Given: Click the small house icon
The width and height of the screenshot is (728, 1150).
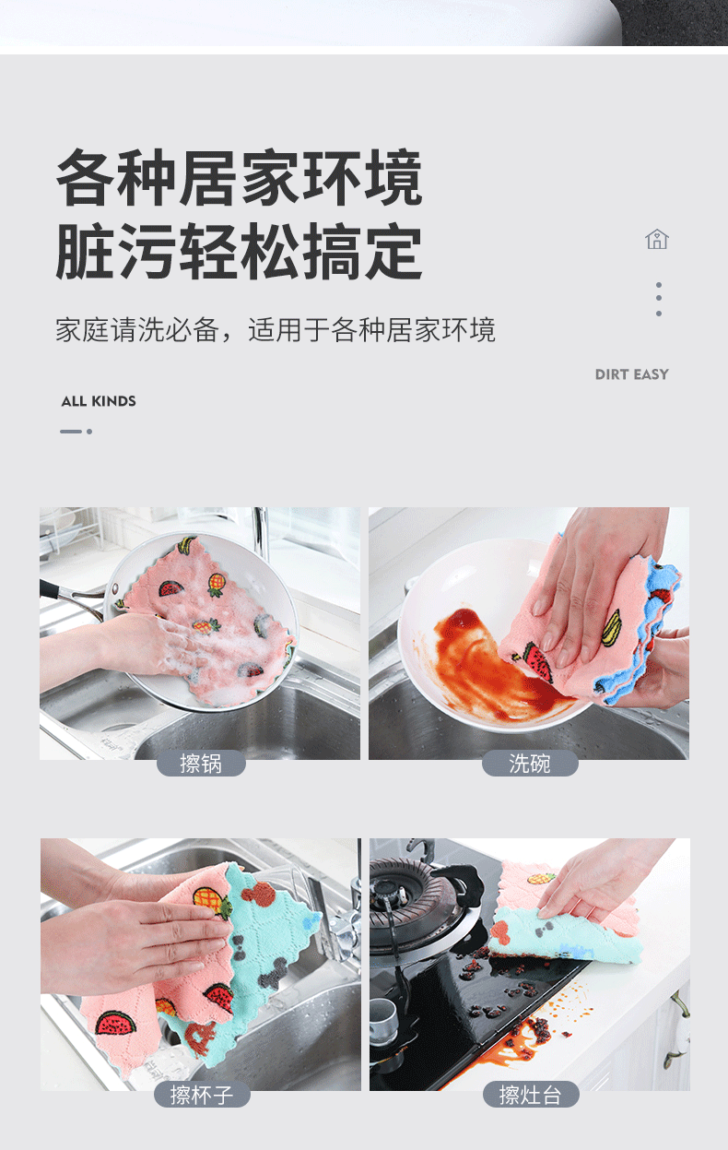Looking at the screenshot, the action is (657, 239).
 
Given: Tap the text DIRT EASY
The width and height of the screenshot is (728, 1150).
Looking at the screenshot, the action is (631, 374).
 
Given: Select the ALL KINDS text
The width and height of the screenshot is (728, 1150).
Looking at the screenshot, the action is (99, 401).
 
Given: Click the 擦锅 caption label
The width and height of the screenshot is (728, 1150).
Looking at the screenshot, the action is (201, 764).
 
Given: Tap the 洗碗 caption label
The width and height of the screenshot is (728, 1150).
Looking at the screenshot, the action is (530, 764).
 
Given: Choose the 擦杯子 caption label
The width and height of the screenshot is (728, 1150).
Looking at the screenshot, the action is (202, 1095).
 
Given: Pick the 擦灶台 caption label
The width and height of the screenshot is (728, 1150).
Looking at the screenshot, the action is (531, 1095).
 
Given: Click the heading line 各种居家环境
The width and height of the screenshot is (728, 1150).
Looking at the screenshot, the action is (239, 178).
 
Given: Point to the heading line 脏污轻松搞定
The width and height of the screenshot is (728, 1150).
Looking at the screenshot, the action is (239, 252).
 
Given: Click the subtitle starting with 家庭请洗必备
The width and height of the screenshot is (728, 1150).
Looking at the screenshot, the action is (276, 329).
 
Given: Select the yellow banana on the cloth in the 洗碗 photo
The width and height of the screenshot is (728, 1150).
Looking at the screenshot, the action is (612, 627).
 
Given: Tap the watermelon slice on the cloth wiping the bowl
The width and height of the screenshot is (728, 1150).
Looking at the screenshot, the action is (537, 661).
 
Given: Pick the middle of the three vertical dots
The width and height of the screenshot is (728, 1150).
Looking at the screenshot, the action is (659, 298).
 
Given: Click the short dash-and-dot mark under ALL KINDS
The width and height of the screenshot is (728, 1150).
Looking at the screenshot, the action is (76, 432).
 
